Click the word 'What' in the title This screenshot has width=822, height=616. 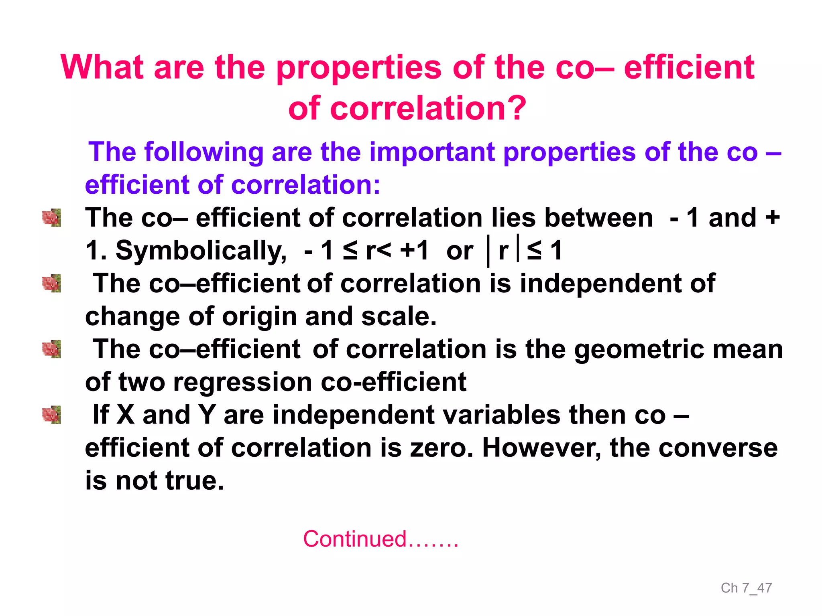(x=102, y=67)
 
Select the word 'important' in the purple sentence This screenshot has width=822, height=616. (x=432, y=152)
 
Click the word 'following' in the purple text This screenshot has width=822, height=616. (x=203, y=152)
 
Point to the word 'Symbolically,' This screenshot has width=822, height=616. (x=201, y=251)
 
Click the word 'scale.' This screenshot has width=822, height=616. (x=399, y=317)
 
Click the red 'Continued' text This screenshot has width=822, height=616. (x=355, y=539)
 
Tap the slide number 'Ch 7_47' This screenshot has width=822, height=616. (x=746, y=588)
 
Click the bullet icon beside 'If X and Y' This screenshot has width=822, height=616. (x=52, y=415)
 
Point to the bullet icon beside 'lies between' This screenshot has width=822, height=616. (x=52, y=218)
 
